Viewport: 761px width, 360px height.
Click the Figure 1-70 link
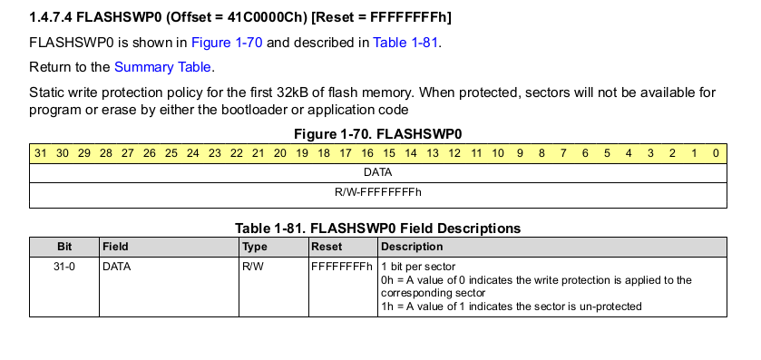227,43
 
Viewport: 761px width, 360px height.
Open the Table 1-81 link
405,43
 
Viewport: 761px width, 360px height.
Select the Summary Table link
162,67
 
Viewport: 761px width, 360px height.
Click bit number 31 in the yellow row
40,153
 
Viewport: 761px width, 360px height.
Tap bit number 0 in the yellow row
716,153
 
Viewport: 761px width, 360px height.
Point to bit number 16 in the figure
367,153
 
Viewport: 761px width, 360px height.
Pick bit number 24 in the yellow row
193,153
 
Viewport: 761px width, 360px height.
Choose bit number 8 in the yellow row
541,153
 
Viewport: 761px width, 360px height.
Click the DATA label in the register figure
377,172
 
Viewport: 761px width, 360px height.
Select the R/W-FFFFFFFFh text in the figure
378,192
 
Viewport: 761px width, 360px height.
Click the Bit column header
64,247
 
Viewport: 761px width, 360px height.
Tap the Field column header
115,247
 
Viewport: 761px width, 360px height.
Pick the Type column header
255,247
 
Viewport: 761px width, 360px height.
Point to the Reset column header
327,247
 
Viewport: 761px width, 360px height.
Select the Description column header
412,247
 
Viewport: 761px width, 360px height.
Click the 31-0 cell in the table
64,267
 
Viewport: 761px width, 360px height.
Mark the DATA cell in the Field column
116,267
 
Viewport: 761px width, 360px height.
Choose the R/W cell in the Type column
253,267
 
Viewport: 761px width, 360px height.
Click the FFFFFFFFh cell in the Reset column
342,267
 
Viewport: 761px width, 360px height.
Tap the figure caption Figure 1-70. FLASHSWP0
378,134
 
